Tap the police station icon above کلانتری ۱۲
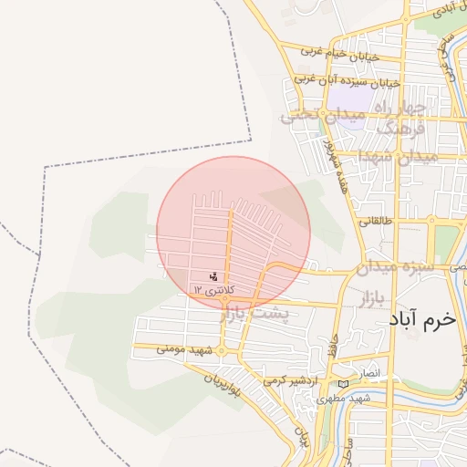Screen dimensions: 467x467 point(213,275)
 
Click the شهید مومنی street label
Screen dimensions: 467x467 point(184,349)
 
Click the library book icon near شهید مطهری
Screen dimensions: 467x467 point(343,384)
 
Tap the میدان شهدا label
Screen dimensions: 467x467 point(401,156)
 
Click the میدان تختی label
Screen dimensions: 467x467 point(315,116)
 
